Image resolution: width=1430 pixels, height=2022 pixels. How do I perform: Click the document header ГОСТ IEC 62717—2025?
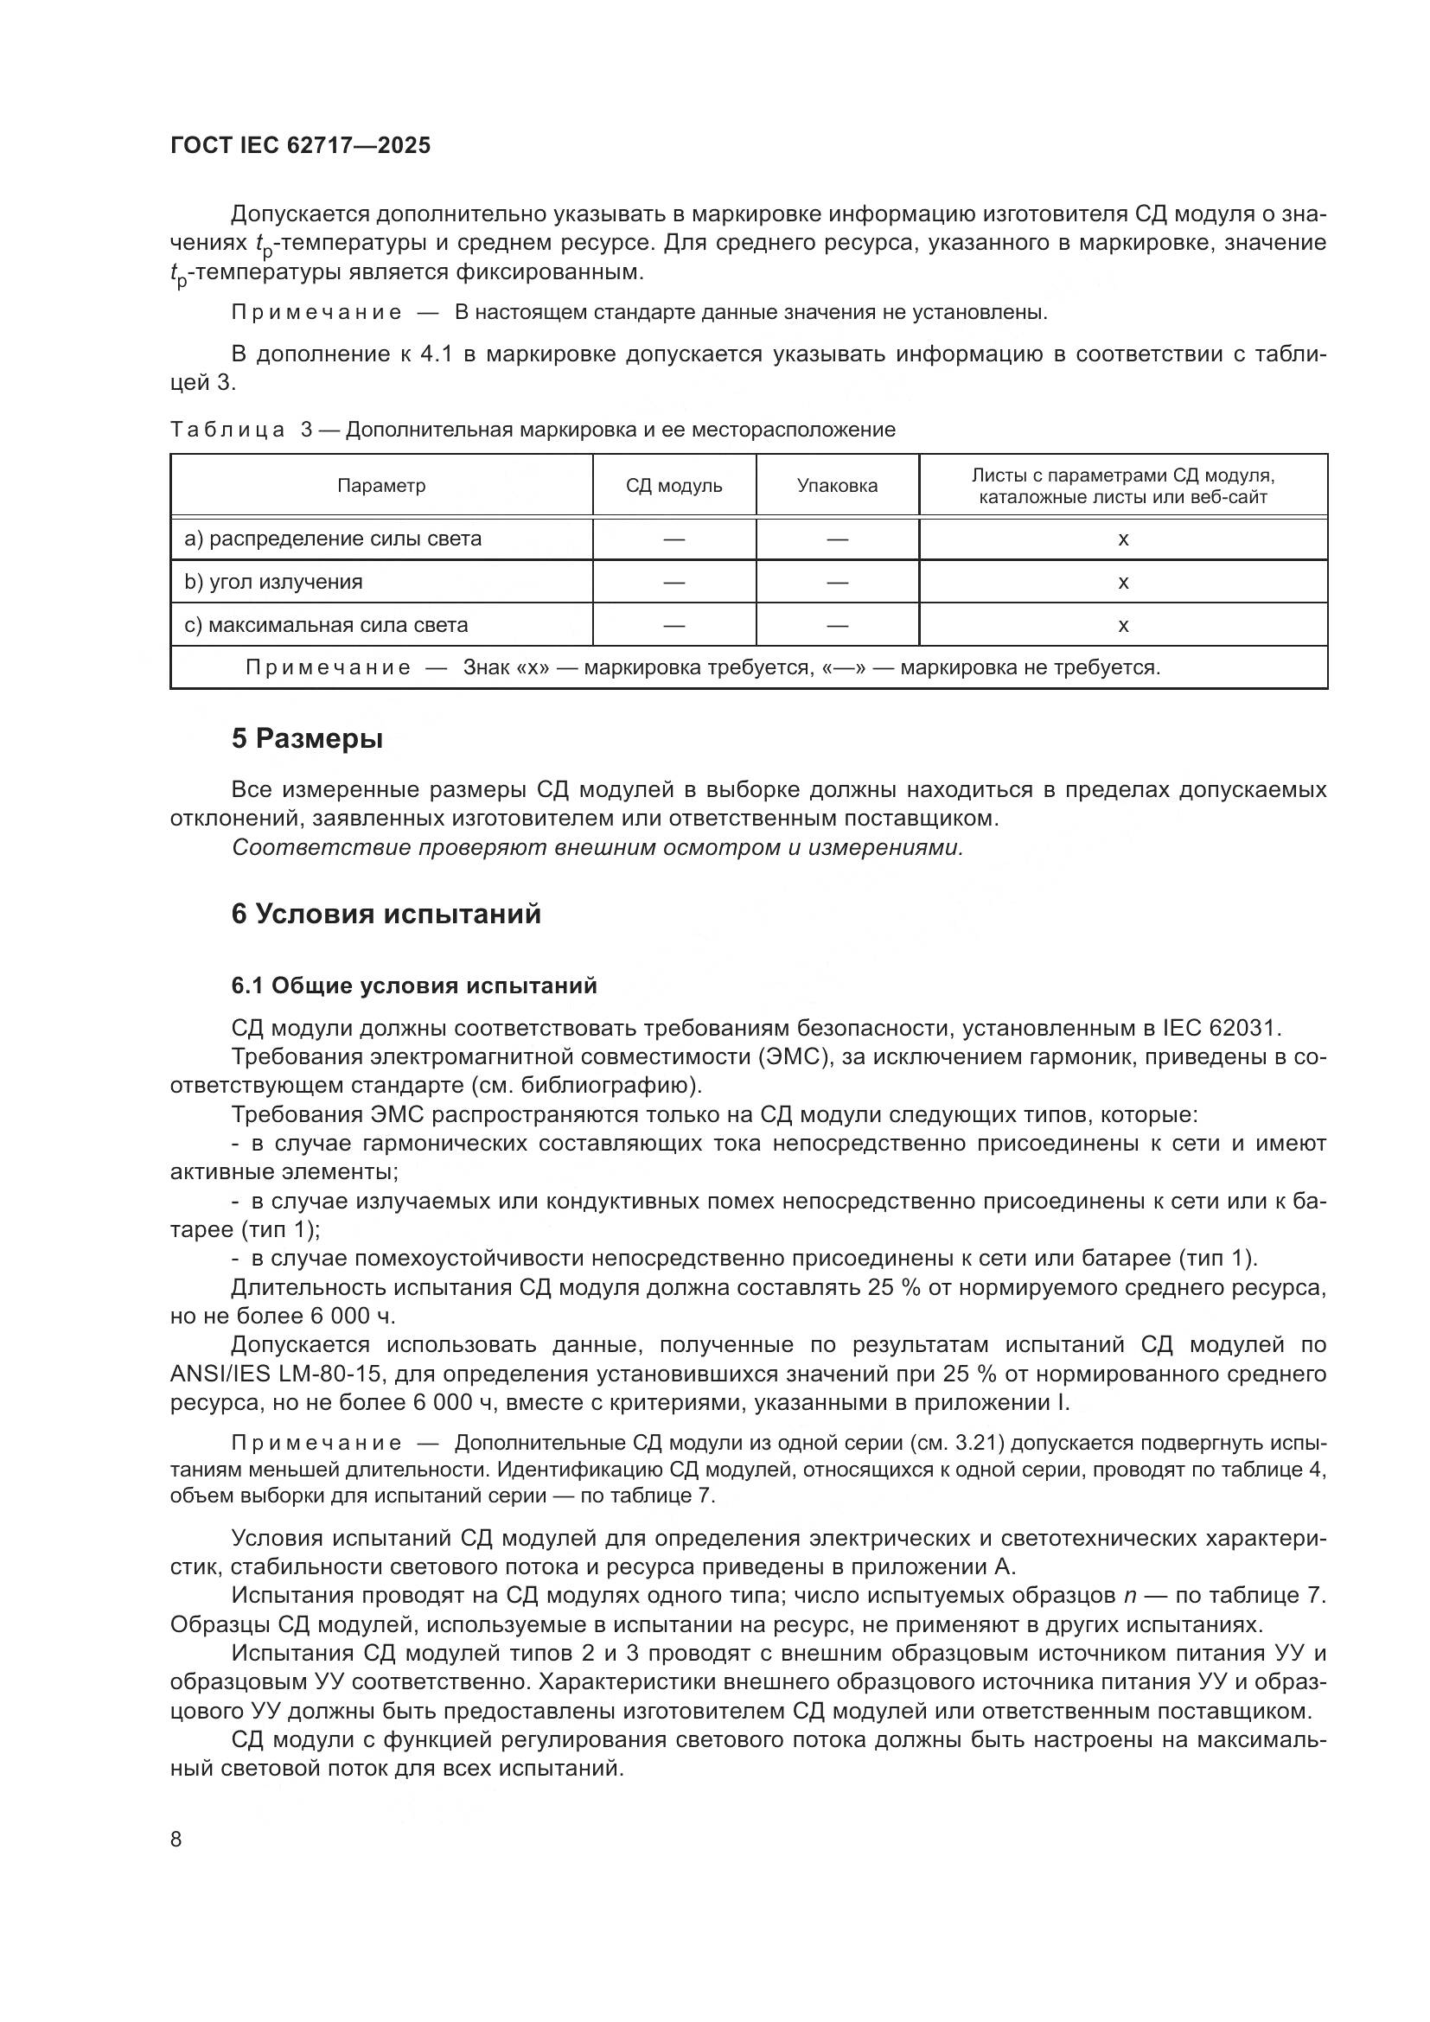pos(300,145)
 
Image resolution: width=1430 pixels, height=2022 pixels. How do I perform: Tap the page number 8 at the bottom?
pos(176,1839)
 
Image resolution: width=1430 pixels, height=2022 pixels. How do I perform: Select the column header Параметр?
pos(381,486)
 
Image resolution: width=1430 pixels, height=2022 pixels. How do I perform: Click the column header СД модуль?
pos(674,486)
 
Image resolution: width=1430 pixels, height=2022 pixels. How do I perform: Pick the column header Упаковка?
pos(837,486)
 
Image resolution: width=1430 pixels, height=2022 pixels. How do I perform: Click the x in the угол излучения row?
pos(1123,582)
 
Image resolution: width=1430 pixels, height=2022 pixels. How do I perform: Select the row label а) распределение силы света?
pos(333,539)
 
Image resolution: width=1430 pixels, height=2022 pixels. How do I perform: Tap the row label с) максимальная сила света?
pos(326,625)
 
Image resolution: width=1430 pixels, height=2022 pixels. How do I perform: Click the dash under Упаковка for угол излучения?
pos(837,582)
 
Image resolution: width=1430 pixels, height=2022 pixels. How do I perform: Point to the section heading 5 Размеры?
pos(306,738)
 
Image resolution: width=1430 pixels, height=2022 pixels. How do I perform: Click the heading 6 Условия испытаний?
pos(386,914)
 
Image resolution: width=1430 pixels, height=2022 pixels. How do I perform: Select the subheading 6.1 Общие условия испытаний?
pos(414,985)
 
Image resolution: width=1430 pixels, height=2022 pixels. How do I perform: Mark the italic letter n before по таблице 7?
pos(1131,1595)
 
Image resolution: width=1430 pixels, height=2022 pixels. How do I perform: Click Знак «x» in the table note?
pos(507,667)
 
